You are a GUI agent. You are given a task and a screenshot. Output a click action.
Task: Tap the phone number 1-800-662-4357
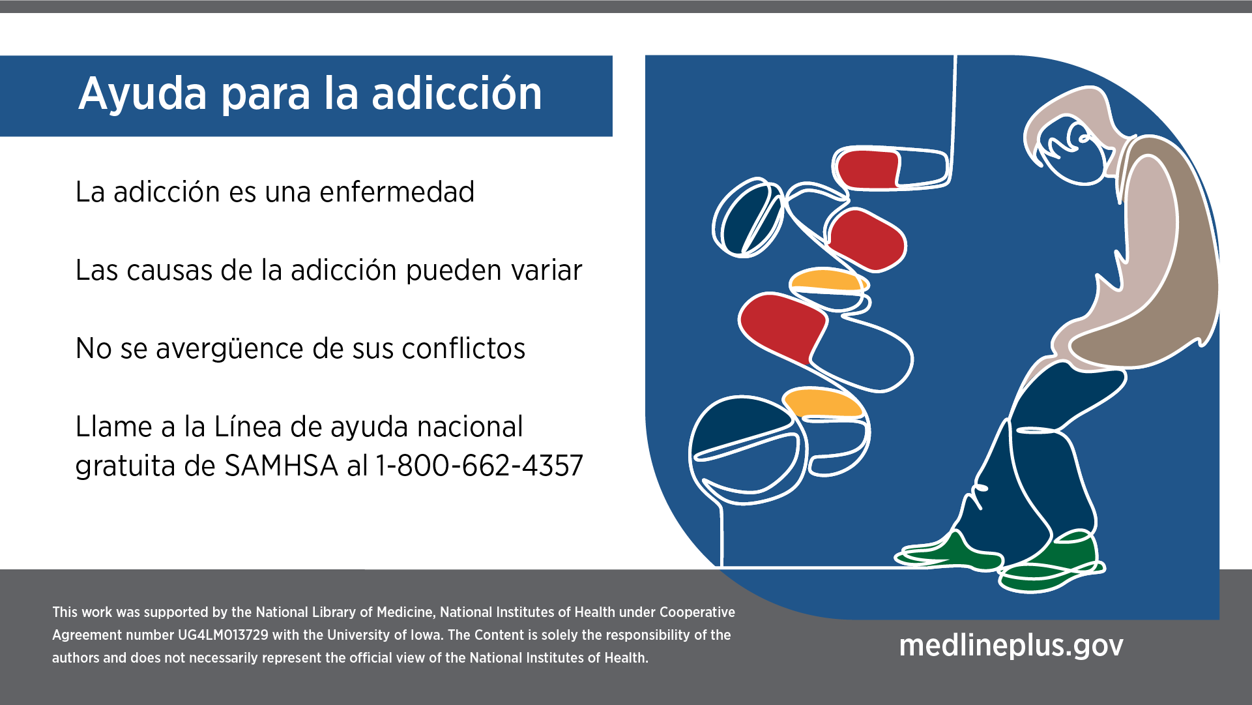(479, 466)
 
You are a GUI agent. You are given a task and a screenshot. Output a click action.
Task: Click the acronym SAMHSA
(281, 466)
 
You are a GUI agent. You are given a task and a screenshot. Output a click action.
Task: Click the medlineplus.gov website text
(1011, 645)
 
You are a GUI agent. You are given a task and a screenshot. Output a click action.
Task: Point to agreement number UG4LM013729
(223, 635)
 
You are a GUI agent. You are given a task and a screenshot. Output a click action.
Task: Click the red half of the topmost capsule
(866, 169)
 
